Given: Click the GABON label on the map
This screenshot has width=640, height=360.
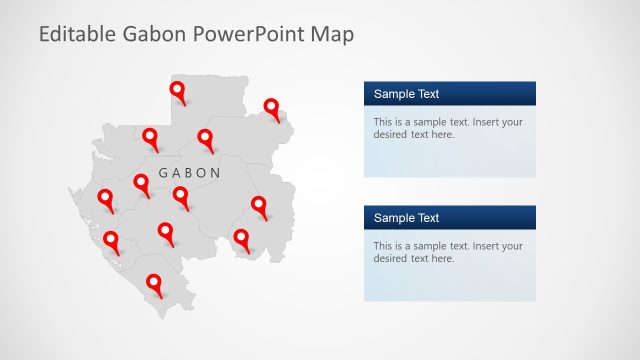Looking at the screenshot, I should [x=190, y=173].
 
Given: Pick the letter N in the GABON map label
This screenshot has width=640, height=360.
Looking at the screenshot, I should [x=215, y=173].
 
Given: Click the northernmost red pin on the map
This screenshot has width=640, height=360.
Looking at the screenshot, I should [x=178, y=92].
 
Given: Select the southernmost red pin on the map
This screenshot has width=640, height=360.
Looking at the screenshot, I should [x=154, y=285].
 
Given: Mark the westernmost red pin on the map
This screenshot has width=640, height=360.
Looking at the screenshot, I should [x=105, y=198].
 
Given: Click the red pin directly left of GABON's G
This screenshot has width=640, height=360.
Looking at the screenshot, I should [x=141, y=182].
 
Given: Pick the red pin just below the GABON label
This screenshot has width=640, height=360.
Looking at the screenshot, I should [x=180, y=195].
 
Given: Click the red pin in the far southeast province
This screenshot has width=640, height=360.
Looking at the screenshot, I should [x=241, y=238].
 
